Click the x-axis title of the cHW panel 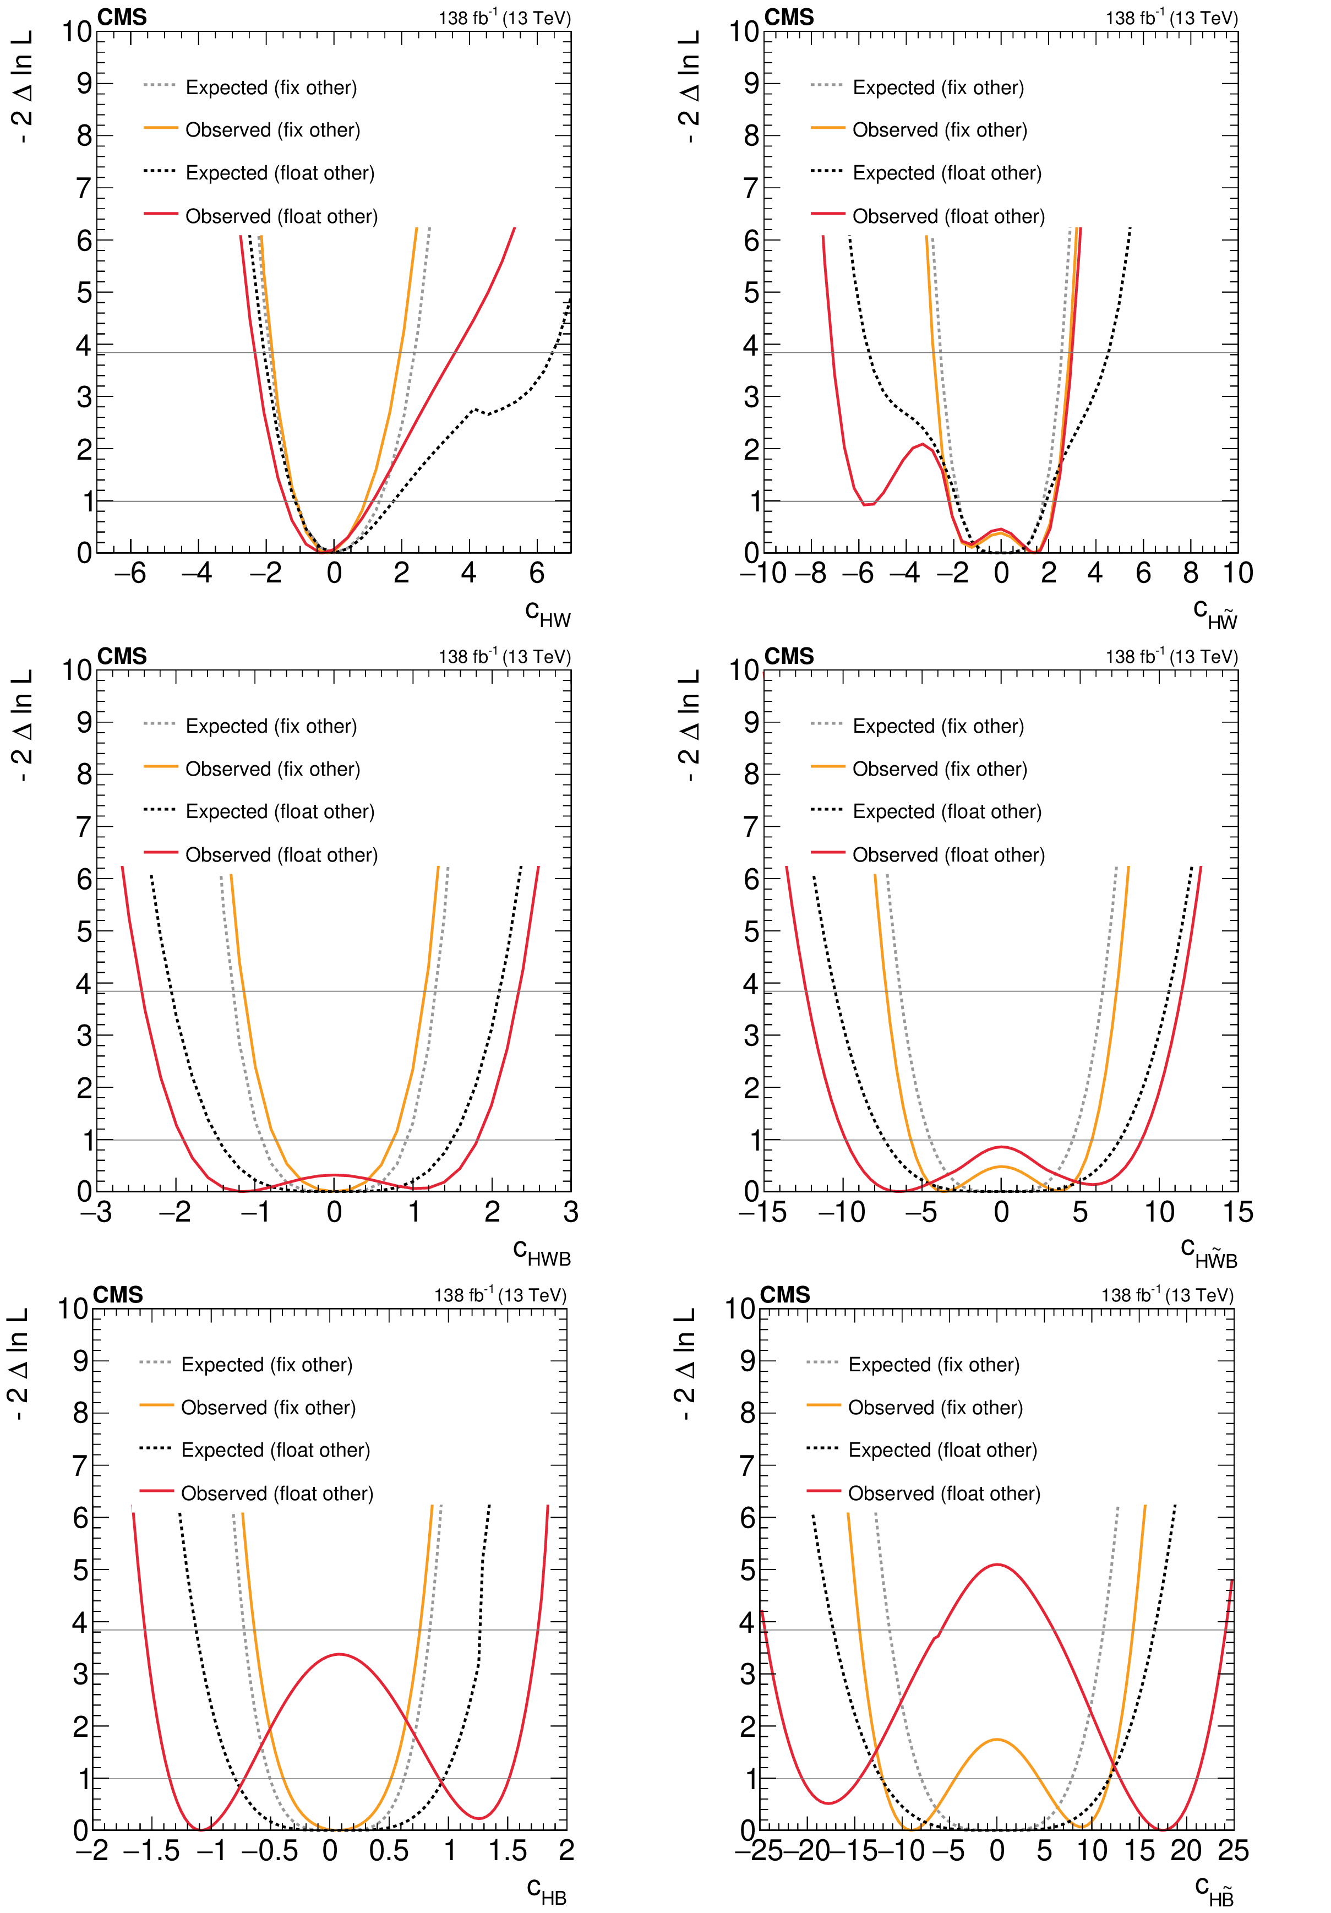(547, 614)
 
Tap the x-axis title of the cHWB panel (542, 1252)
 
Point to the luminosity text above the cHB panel (500, 1295)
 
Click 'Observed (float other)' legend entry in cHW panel (281, 217)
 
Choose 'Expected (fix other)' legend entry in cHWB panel (271, 727)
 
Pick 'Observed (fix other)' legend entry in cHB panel (268, 1408)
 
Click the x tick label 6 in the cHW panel (536, 573)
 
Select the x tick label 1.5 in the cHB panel (508, 1851)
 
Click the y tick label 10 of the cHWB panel (77, 670)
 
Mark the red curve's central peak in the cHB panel (339, 1655)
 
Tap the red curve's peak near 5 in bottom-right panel (996, 1565)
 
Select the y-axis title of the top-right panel (688, 88)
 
